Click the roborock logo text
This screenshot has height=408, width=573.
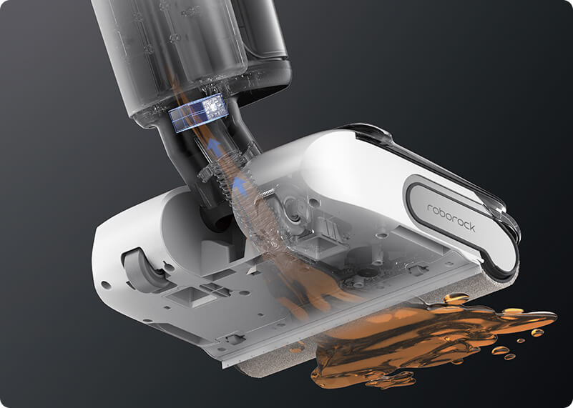pyautogui.click(x=451, y=217)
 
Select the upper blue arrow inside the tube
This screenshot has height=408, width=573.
pyautogui.click(x=215, y=146)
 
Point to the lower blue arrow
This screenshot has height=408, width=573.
pyautogui.click(x=239, y=184)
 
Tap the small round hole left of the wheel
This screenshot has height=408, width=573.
pyautogui.click(x=106, y=284)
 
